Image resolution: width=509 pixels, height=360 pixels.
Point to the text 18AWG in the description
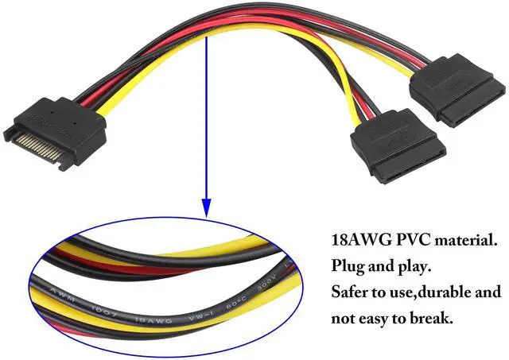(x=356, y=238)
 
